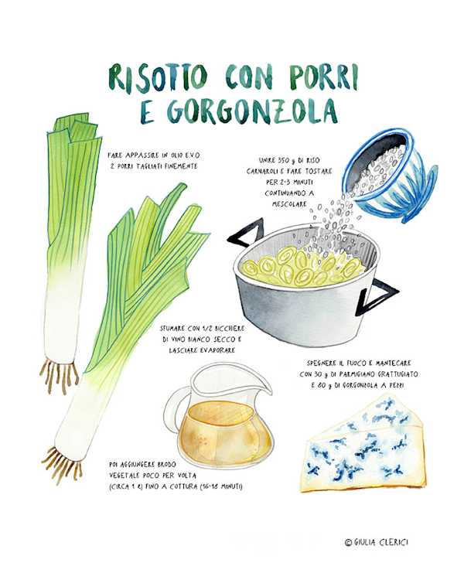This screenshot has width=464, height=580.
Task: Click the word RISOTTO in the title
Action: tap(158, 77)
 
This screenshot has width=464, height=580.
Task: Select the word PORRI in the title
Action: tap(324, 77)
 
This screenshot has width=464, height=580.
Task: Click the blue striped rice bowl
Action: tap(392, 176)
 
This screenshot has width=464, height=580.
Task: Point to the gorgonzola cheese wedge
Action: tap(364, 445)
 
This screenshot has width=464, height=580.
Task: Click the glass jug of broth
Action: tap(221, 415)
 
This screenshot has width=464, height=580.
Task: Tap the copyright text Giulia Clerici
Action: tap(377, 542)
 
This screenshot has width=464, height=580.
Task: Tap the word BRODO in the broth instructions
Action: tap(167, 465)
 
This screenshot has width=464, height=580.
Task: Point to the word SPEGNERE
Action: tap(322, 363)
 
